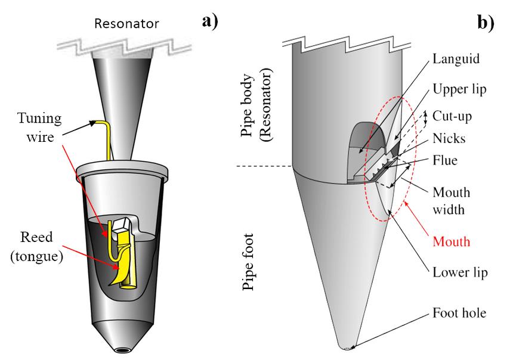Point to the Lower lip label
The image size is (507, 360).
point(460,273)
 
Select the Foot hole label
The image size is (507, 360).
point(460,314)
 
